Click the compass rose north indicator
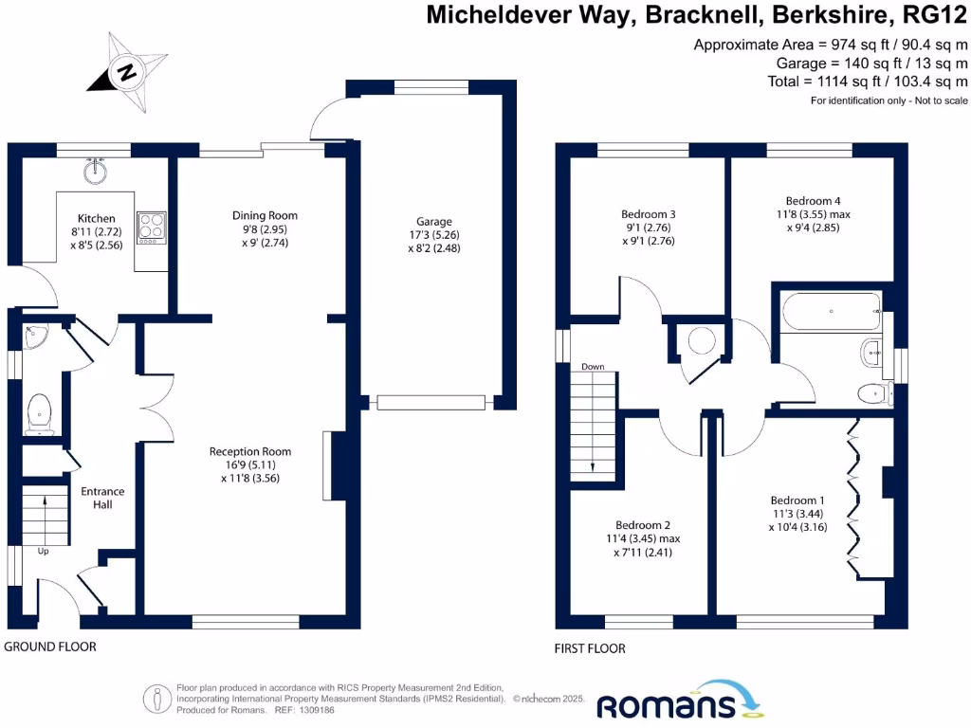[x=127, y=70]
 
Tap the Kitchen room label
[x=96, y=218]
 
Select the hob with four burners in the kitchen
[x=151, y=227]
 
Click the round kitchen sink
[x=95, y=172]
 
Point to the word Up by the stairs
[x=44, y=551]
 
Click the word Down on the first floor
[x=593, y=367]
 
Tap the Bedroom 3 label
[x=648, y=214]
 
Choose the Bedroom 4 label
[x=813, y=200]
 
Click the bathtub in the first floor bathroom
[x=831, y=311]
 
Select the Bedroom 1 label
[x=797, y=500]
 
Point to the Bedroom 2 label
[x=642, y=525]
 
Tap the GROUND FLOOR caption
[x=50, y=647]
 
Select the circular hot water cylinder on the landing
[x=704, y=341]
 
